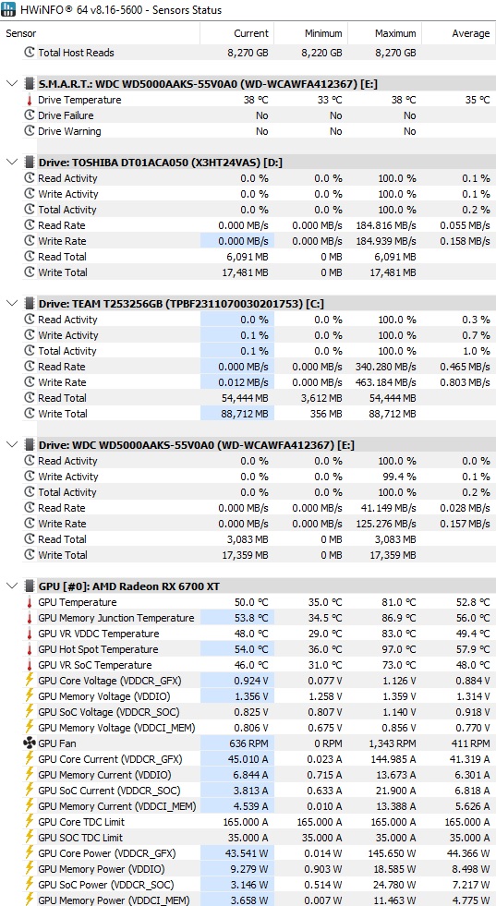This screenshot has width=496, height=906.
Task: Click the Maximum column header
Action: pyautogui.click(x=395, y=33)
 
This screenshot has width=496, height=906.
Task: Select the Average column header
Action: pyautogui.click(x=470, y=33)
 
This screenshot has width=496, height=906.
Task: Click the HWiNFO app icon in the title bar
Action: pyautogui.click(x=9, y=10)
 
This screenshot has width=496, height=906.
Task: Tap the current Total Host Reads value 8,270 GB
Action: pyautogui.click(x=248, y=53)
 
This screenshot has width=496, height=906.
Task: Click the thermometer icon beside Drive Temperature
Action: pyautogui.click(x=29, y=100)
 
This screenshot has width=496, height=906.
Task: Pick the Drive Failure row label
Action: pyautogui.click(x=66, y=115)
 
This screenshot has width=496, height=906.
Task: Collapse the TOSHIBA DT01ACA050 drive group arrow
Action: pyautogui.click(x=12, y=162)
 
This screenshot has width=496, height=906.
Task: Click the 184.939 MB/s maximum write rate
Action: pyautogui.click(x=390, y=241)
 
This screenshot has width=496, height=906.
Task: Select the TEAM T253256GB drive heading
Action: pyautogui.click(x=173, y=303)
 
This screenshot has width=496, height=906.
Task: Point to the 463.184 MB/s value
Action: pyautogui.click(x=390, y=382)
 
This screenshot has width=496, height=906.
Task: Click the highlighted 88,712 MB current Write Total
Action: pyautogui.click(x=245, y=414)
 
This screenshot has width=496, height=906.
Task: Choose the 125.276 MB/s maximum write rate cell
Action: pyautogui.click(x=390, y=524)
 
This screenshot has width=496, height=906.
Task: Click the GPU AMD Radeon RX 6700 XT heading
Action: pyautogui.click(x=129, y=586)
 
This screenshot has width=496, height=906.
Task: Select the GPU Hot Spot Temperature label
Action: pyautogui.click(x=98, y=649)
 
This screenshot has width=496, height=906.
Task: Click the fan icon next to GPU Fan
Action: pyautogui.click(x=30, y=743)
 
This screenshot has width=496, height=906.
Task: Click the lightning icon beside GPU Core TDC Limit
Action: pyautogui.click(x=30, y=822)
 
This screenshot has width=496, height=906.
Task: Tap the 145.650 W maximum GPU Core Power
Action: pyautogui.click(x=392, y=853)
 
